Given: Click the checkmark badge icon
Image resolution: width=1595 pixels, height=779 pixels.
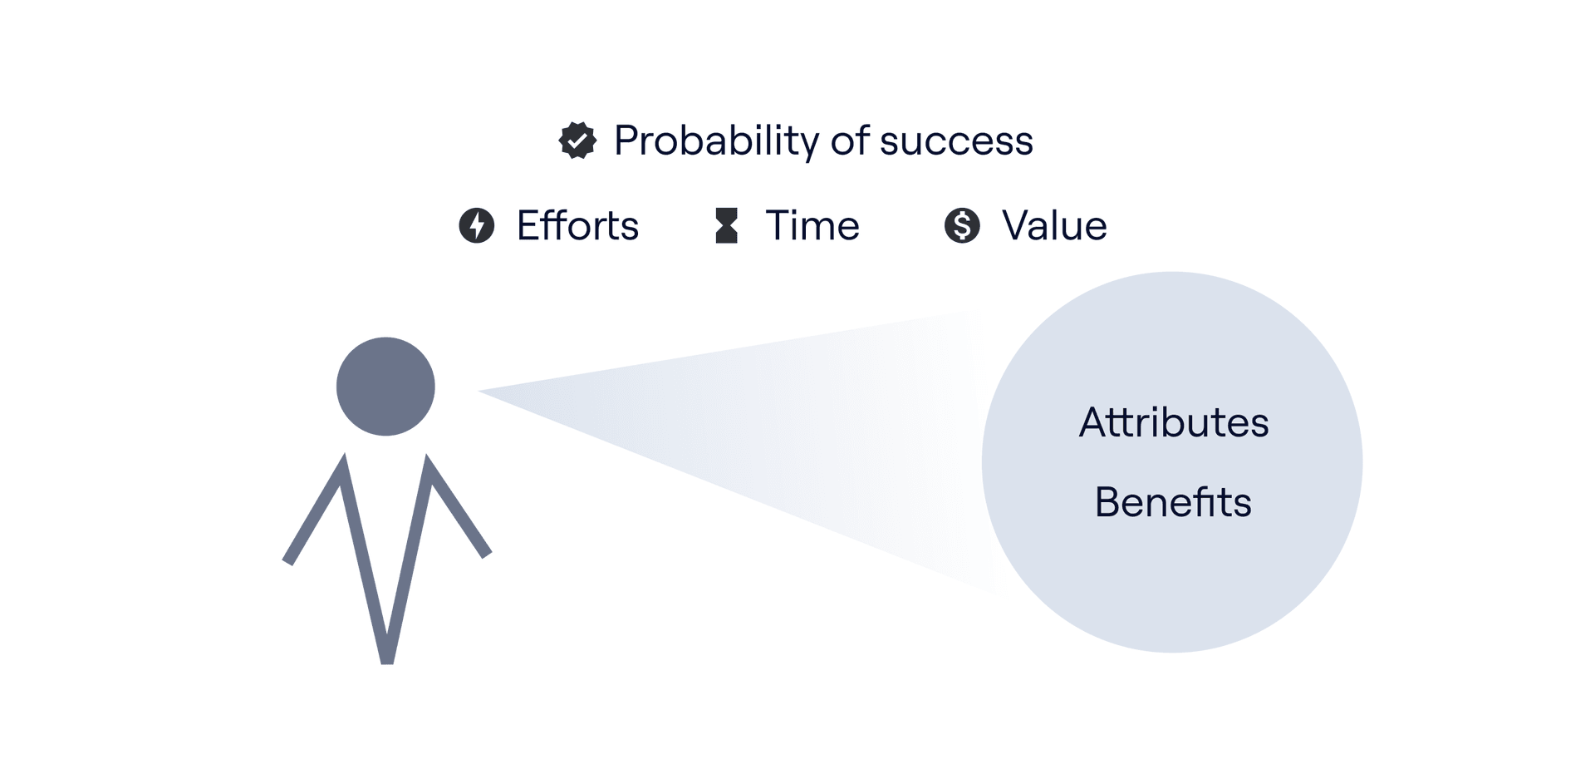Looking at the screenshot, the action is point(577,141).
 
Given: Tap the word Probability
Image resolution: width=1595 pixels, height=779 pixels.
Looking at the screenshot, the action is point(717,141).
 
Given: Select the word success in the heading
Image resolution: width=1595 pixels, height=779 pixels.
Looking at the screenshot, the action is point(956,141).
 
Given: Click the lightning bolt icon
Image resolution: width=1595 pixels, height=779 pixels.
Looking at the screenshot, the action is point(477,225).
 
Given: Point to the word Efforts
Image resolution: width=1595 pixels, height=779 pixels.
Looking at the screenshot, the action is point(577,225).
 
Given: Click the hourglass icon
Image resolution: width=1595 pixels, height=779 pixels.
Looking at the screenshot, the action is point(727,225).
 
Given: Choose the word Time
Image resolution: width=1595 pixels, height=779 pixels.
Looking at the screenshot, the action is point(812,225).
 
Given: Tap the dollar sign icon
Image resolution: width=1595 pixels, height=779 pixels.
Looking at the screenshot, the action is point(962,225).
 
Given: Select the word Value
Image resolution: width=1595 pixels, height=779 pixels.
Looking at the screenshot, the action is point(1054,225).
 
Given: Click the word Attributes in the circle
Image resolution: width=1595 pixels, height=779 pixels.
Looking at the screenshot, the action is point(1174,422).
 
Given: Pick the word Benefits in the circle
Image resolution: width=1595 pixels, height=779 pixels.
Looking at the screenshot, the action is point(1173,502).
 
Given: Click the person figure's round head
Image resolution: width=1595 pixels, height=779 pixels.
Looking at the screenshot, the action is point(385,386).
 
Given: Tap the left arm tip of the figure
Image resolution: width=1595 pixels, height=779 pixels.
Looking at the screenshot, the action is point(288,561).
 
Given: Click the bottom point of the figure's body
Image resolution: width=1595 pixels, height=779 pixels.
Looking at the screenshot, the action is point(386,661).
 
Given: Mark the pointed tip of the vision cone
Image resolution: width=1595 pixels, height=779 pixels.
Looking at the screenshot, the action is point(479,391).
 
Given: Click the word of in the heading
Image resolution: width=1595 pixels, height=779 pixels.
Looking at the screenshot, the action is point(850,141).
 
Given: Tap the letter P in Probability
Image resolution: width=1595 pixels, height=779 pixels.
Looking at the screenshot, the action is point(627,141).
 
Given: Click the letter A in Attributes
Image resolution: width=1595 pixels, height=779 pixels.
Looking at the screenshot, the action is point(1096,422).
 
